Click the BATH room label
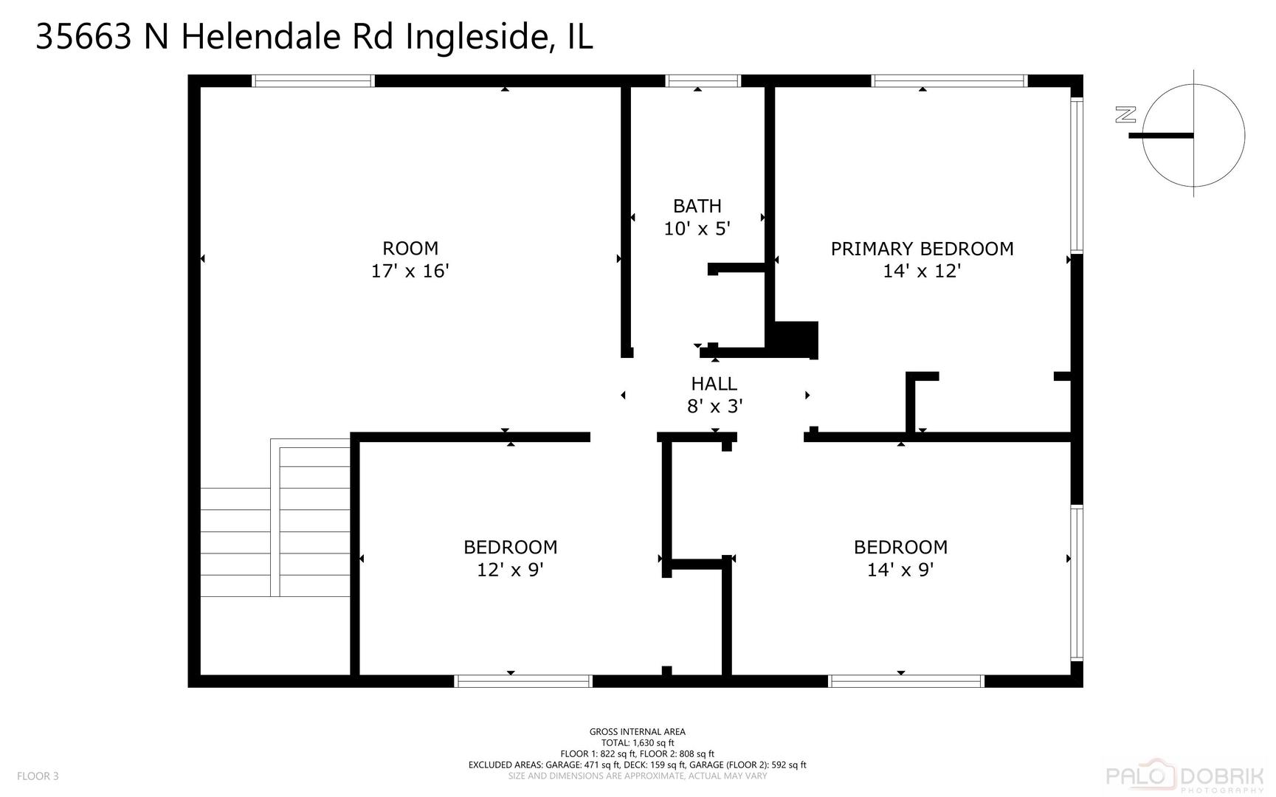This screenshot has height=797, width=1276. [697, 206]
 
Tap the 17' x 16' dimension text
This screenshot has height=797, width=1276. [410, 271]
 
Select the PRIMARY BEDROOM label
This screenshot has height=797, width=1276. [922, 249]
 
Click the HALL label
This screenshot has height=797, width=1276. [714, 384]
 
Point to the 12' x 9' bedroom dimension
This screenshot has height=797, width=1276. [510, 570]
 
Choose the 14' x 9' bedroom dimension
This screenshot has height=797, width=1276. [900, 570]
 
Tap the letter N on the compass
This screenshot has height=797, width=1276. [1125, 114]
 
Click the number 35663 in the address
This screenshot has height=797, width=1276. [83, 38]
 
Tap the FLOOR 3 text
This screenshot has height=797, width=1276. [38, 776]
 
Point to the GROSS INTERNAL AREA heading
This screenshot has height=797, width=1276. [637, 732]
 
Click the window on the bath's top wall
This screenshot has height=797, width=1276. [703, 81]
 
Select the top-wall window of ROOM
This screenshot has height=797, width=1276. [313, 81]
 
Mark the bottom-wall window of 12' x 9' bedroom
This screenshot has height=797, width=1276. [523, 681]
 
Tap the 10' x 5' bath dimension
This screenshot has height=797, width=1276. [697, 229]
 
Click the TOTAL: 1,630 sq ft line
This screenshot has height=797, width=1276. [637, 743]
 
